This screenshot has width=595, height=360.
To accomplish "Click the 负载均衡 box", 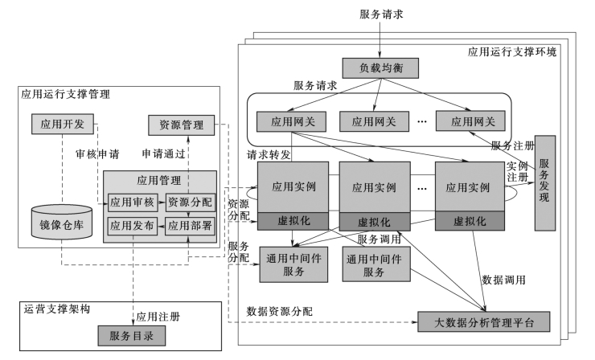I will click(x=375, y=68).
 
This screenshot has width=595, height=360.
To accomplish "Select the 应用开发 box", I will click(x=63, y=124).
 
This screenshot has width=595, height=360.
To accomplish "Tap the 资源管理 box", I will click(x=181, y=125).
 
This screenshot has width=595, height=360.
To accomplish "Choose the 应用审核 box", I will click(x=132, y=202).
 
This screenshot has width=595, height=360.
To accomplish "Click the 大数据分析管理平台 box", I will click(x=486, y=322).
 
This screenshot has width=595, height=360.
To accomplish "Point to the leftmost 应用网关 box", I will click(x=289, y=122).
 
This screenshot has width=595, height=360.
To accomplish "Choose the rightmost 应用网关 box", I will click(x=472, y=122).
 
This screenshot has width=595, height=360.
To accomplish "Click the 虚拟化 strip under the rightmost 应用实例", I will click(x=469, y=220).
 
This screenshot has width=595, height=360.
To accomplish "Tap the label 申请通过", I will click(x=163, y=153).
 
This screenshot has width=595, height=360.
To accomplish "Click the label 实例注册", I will click(x=517, y=170).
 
